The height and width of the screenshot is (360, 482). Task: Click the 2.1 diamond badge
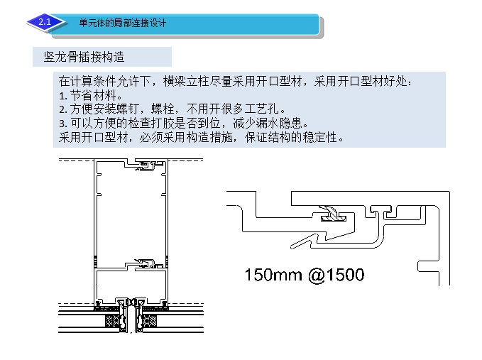(45, 22)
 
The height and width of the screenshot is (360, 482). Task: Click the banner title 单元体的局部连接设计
(122, 23)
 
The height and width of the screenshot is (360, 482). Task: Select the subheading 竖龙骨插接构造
(84, 57)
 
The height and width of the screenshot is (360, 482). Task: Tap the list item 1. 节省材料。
(91, 95)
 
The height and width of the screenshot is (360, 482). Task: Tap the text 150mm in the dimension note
(273, 275)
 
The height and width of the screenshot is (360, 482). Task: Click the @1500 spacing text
(336, 275)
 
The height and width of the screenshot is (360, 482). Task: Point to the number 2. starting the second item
(63, 109)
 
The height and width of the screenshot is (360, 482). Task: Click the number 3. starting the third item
(63, 124)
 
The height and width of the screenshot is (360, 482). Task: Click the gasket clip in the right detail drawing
(334, 214)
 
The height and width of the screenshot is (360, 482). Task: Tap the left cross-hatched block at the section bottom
(113, 321)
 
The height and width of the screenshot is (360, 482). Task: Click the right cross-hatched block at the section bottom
(150, 321)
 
